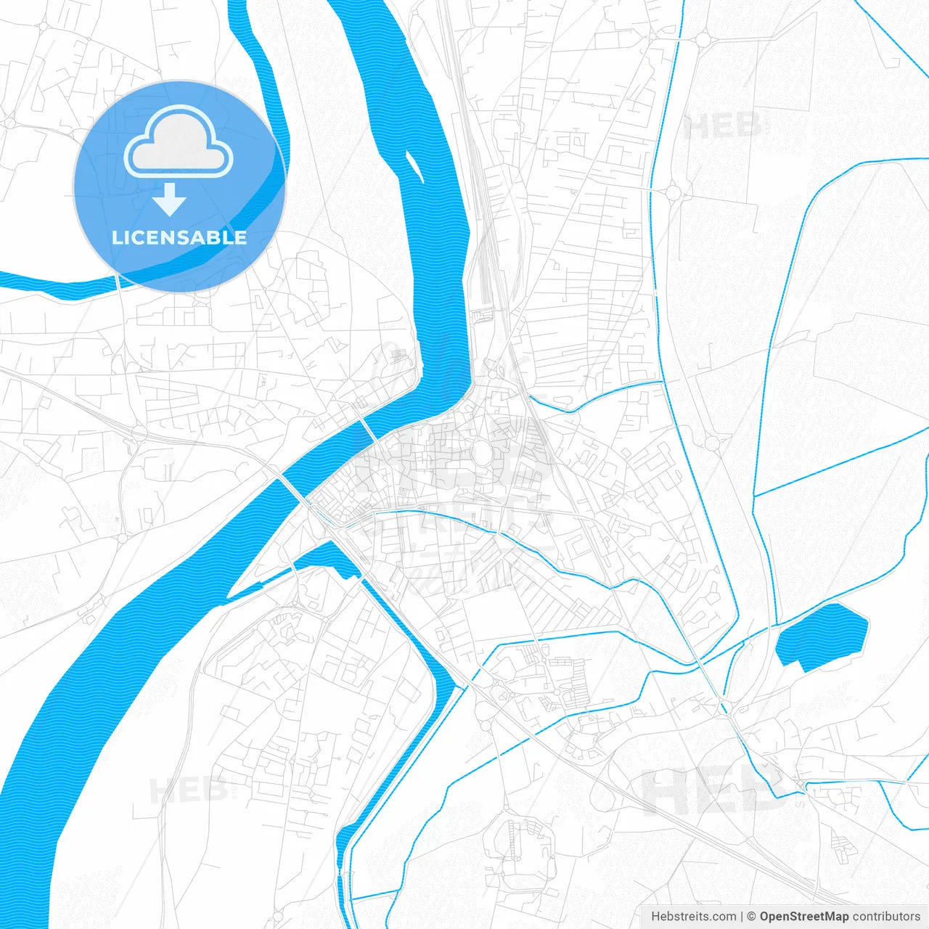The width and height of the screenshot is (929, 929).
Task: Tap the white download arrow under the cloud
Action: point(170,200)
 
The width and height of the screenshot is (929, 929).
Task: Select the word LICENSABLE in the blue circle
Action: point(179,237)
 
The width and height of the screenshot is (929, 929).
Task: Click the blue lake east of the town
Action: point(823,636)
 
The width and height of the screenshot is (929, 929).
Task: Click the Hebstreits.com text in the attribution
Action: point(693,917)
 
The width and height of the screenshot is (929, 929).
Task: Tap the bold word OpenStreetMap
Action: point(803,917)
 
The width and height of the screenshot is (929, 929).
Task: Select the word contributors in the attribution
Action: point(886,917)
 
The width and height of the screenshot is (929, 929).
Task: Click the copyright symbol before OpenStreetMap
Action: point(752,917)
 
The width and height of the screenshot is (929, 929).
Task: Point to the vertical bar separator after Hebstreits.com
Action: point(742,917)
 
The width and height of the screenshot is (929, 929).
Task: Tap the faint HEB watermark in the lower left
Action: point(187,790)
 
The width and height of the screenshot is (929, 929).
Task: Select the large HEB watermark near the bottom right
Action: point(715,791)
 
